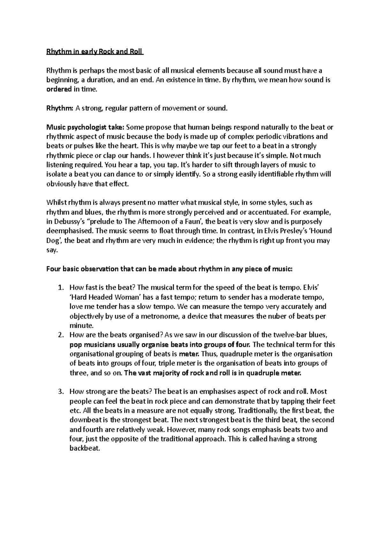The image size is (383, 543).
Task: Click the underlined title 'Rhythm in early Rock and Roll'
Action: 95,51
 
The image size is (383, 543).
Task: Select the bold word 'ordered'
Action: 59,89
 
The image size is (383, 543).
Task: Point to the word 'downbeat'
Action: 83,420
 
